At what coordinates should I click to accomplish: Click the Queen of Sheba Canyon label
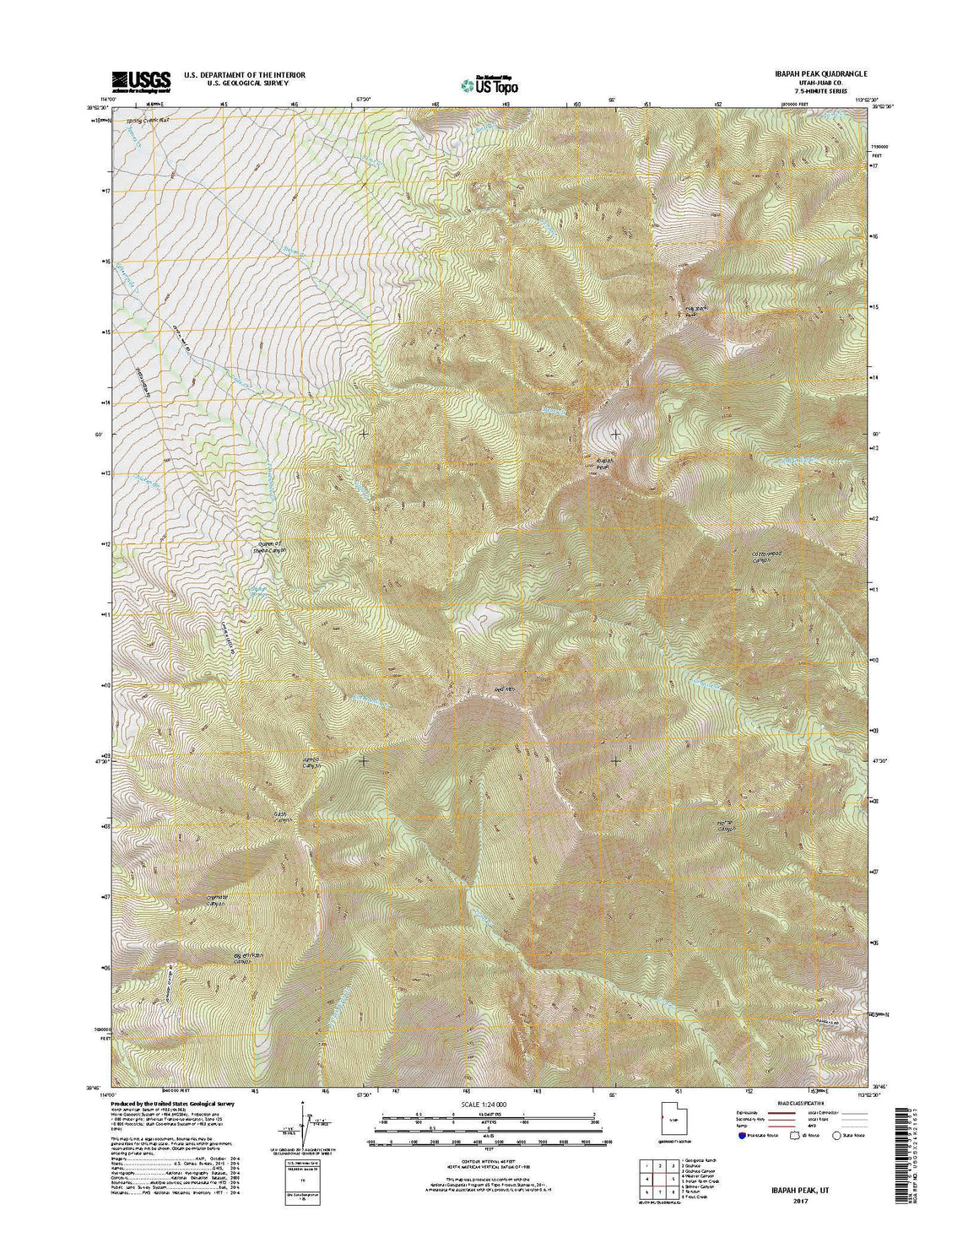[271, 549]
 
